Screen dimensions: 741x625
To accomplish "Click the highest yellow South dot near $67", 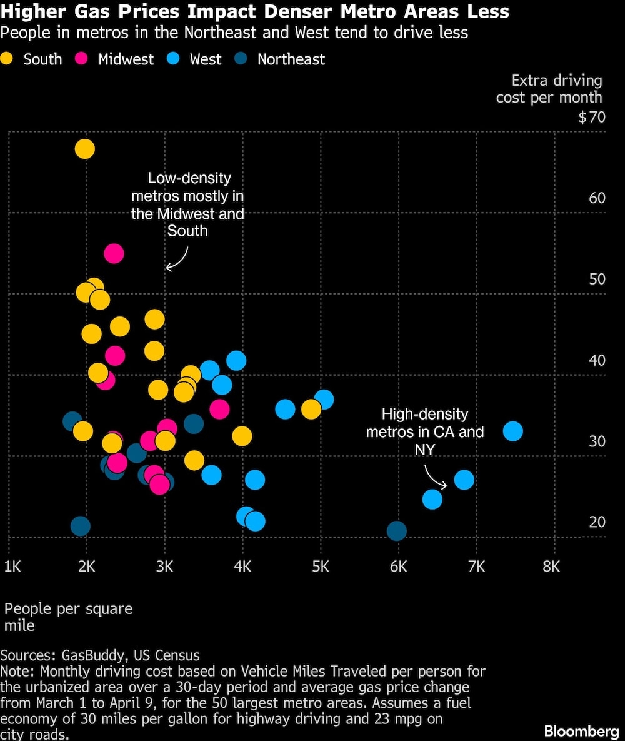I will [x=84, y=149].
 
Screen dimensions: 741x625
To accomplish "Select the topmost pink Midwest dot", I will [x=114, y=253].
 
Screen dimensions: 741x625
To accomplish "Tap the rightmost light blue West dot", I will [x=512, y=431].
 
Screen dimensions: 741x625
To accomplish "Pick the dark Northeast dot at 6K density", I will [x=397, y=531].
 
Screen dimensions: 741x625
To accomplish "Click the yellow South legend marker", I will [x=8, y=59].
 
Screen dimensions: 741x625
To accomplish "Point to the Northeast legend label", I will [x=291, y=59].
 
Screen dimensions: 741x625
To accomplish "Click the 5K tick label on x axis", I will [x=321, y=567].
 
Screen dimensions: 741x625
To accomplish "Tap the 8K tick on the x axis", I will [x=551, y=567].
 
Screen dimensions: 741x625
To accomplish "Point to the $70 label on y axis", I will [x=591, y=117].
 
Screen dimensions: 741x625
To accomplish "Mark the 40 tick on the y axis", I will [x=597, y=360].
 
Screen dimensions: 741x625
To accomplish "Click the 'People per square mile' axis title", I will [x=68, y=617].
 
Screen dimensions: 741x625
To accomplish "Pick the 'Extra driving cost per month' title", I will [x=550, y=89].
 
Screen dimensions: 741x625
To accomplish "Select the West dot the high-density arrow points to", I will [x=464, y=480].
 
